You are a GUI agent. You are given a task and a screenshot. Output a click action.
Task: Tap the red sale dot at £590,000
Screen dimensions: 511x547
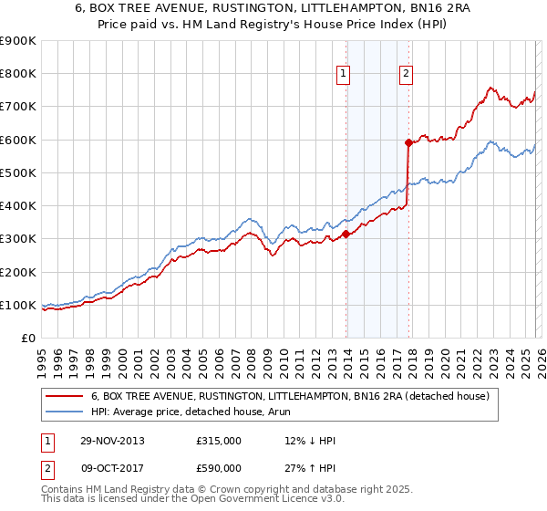coord(408,142)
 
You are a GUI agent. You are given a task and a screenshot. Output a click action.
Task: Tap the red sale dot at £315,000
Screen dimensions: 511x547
coord(346,234)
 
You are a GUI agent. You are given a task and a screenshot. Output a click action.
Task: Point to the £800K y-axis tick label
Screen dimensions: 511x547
coord(17,74)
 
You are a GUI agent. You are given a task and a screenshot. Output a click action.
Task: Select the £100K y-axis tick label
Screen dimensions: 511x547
coord(17,305)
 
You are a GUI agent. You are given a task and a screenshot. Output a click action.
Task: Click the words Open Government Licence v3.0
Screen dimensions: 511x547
coord(255,501)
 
